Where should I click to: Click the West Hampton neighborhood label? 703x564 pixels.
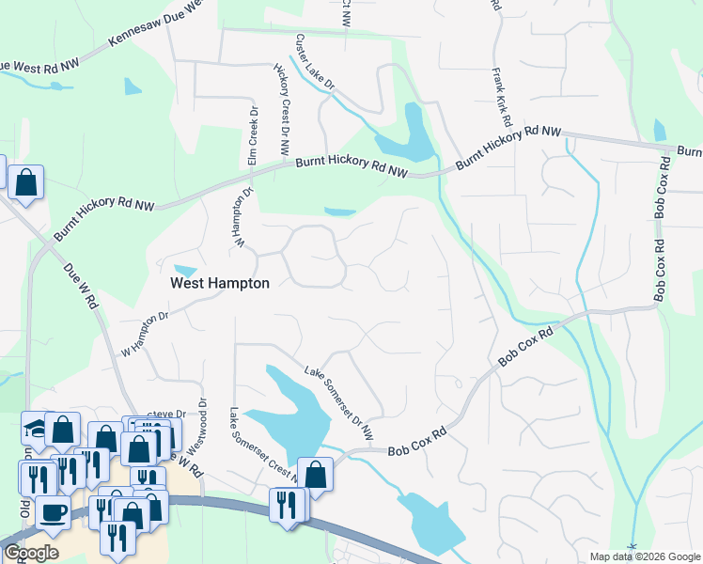[x=219, y=283]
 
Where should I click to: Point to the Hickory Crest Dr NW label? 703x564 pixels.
[x=280, y=111]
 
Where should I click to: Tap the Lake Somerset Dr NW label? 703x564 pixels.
[x=338, y=402]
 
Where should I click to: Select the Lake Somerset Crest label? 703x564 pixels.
[x=263, y=445]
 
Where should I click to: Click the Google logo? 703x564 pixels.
[x=31, y=553]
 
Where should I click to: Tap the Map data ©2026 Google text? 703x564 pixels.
[x=645, y=556]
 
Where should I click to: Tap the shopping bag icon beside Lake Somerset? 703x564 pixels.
[x=316, y=474]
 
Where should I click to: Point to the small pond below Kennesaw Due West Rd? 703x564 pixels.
[x=133, y=86]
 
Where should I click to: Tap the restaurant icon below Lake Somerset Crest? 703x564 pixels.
[x=286, y=504]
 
